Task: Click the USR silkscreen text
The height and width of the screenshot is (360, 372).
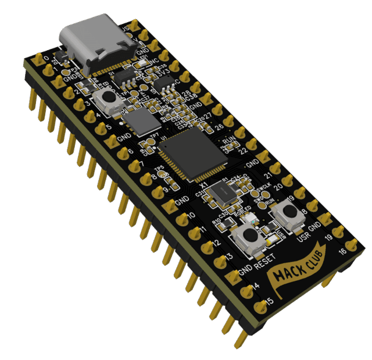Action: pyautogui.click(x=303, y=237)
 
